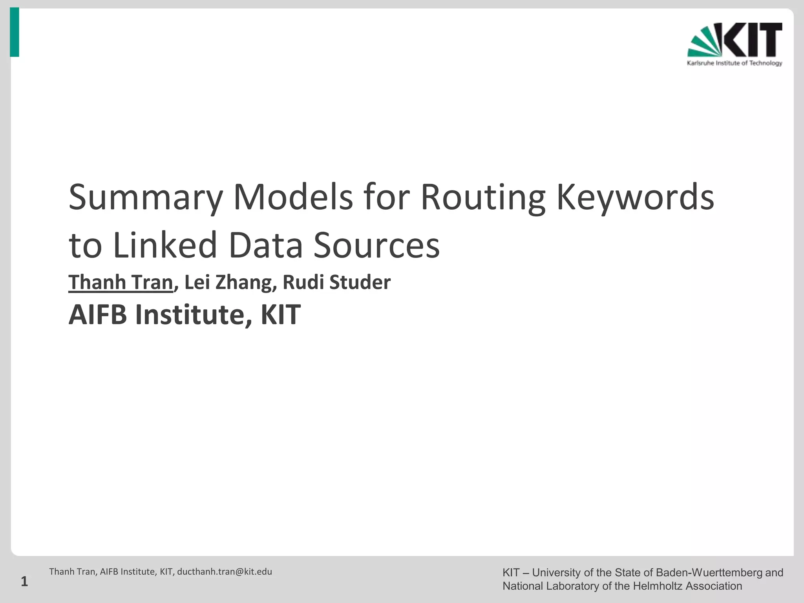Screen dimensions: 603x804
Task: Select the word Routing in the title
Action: tap(483, 197)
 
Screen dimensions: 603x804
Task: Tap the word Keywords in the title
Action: tap(635, 197)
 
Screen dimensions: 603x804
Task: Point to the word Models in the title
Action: tap(293, 197)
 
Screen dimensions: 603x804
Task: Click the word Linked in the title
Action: tap(165, 245)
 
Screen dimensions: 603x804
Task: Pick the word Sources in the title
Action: tap(376, 245)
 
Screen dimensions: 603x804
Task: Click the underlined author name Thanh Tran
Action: tap(121, 282)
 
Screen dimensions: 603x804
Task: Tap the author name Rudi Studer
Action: tap(336, 282)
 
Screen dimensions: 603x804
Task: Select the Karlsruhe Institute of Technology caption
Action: tap(735, 63)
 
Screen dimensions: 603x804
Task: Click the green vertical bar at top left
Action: tap(15, 32)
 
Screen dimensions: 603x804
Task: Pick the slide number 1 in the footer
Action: tap(24, 581)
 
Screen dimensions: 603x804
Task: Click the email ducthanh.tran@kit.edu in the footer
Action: tap(225, 572)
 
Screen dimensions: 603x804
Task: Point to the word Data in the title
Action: tap(265, 245)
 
